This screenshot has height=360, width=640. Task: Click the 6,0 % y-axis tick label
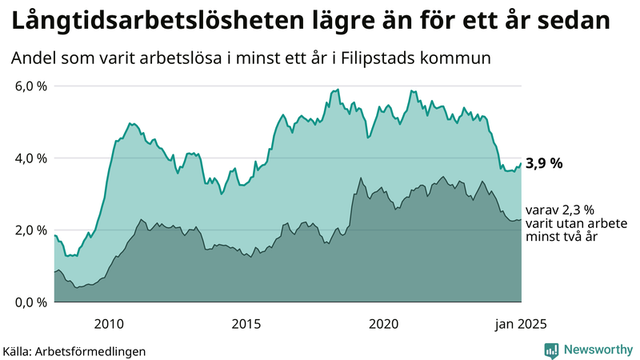(x=31, y=86)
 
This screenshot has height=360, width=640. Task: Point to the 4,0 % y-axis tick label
(x=31, y=158)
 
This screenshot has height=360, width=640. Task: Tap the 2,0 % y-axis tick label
(x=31, y=230)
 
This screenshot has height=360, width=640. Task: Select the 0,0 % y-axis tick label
(x=31, y=302)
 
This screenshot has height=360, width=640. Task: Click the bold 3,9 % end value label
(x=544, y=163)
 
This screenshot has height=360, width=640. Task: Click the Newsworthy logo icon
(x=551, y=350)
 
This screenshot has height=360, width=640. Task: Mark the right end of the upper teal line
(x=521, y=163)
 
